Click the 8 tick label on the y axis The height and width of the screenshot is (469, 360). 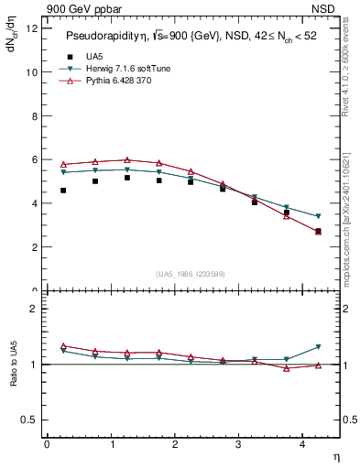click(33, 115)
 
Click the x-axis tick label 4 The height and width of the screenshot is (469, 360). click(304, 444)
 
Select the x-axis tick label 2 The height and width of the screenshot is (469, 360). click(175, 444)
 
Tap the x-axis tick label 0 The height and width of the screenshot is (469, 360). click(47, 444)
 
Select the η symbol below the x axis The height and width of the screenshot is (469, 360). click(335, 455)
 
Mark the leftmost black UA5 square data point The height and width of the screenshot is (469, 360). click(63, 191)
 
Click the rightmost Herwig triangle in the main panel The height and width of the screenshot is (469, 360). click(319, 216)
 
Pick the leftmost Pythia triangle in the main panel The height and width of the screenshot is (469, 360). click(63, 164)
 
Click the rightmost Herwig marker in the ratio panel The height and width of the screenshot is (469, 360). click(319, 347)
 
